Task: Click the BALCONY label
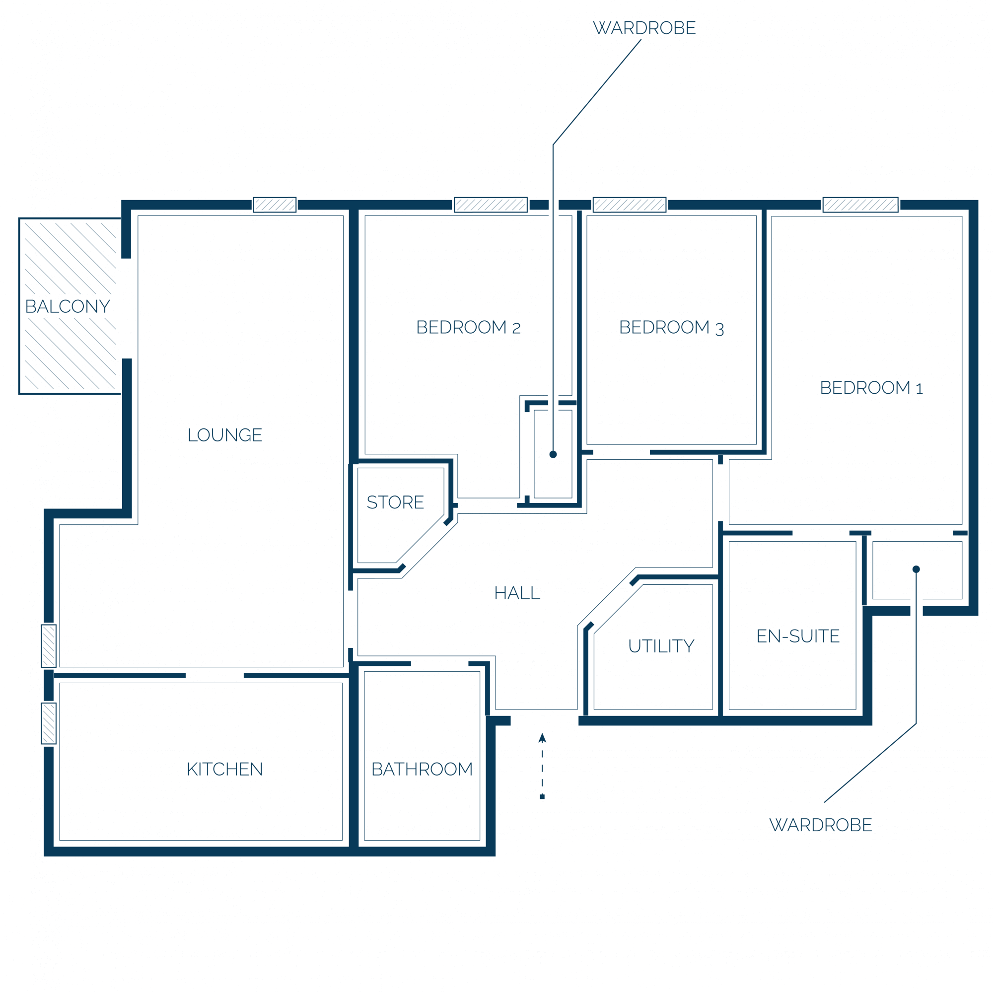(68, 306)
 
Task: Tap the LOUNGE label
(224, 435)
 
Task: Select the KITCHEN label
(224, 769)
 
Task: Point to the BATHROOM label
(422, 769)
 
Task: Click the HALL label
(517, 593)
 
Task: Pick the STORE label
(395, 501)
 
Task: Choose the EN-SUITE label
(798, 636)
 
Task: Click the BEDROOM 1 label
(872, 388)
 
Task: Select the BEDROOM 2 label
(469, 327)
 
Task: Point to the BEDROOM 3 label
(672, 327)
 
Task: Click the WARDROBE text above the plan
(644, 28)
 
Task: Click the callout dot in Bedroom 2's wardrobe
(553, 454)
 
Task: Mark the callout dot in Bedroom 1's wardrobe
(916, 569)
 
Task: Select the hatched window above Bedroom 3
(630, 205)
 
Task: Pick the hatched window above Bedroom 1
(860, 205)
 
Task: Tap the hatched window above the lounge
(275, 205)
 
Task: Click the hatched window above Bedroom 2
(491, 205)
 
